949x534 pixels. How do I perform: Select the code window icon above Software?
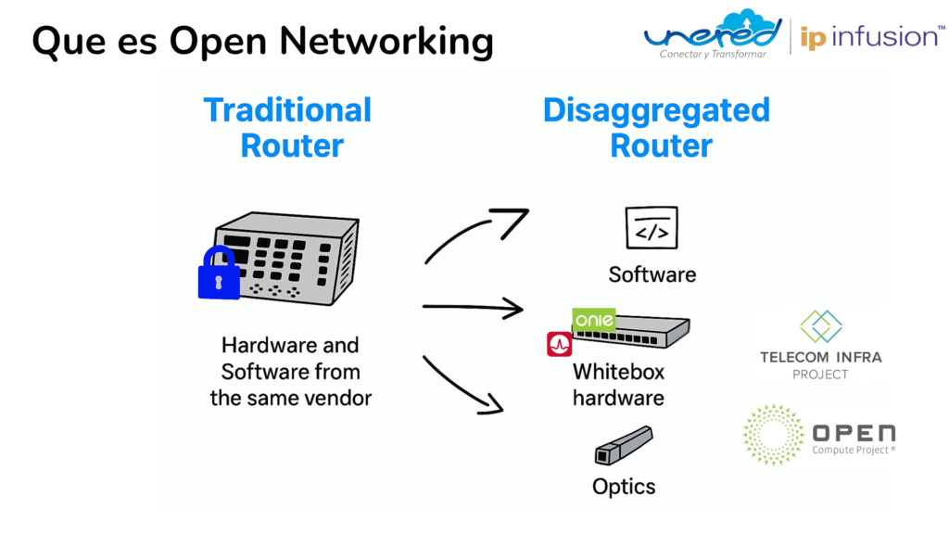pyautogui.click(x=652, y=228)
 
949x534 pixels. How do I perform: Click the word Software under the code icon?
pyautogui.click(x=652, y=274)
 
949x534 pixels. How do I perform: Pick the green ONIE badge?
pyautogui.click(x=594, y=321)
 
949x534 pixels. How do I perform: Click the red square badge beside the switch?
pyautogui.click(x=560, y=344)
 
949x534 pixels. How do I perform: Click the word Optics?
pyautogui.click(x=624, y=487)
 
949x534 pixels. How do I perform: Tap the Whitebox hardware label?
pyautogui.click(x=618, y=385)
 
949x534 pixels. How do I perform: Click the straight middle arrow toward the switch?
pyautogui.click(x=473, y=309)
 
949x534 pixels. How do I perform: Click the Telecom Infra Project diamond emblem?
pyautogui.click(x=820, y=327)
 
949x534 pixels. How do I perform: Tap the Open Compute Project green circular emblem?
pyautogui.click(x=773, y=434)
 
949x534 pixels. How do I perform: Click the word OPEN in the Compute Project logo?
pyautogui.click(x=854, y=432)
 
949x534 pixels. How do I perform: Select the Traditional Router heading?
pyautogui.click(x=288, y=127)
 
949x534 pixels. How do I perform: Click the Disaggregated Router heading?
pyautogui.click(x=656, y=127)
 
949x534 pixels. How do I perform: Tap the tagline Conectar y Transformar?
pyautogui.click(x=713, y=55)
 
